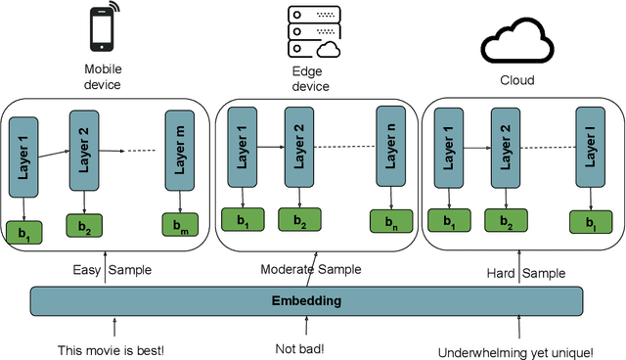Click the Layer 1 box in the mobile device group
click(23, 156)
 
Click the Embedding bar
click(306, 301)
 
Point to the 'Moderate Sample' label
click(310, 269)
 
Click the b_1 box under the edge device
click(241, 222)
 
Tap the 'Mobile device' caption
click(103, 77)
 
